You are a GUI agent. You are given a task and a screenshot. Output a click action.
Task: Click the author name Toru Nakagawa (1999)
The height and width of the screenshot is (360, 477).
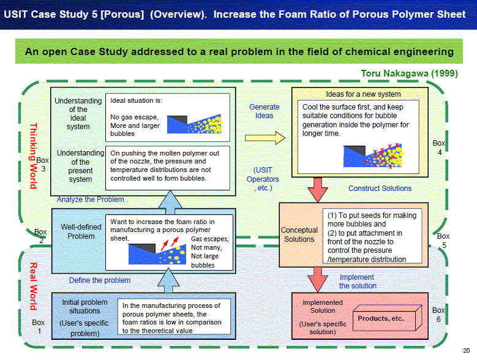[x=409, y=73]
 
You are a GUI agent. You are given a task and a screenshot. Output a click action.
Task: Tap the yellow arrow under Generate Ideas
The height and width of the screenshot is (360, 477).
[x=265, y=138]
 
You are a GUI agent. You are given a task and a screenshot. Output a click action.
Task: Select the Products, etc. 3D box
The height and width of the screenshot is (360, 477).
[x=387, y=318]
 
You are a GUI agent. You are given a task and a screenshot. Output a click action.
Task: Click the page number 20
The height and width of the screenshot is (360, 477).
[x=467, y=351]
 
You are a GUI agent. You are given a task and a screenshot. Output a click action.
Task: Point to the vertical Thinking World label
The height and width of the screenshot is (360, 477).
[x=34, y=156]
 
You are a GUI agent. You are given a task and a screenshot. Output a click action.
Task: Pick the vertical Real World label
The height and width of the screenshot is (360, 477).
[x=33, y=286]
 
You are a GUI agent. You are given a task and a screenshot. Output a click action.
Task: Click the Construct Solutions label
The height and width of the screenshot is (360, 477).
[x=380, y=189]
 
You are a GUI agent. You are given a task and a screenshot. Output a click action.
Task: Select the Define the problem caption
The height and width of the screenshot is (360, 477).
[x=100, y=280]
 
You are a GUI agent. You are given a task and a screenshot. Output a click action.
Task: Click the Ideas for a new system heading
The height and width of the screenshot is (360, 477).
[x=363, y=94]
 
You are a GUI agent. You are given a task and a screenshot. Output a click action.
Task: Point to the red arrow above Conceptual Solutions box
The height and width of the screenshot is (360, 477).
[x=318, y=190]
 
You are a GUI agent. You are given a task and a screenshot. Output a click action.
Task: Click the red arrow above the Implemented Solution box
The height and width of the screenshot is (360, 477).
[x=318, y=280]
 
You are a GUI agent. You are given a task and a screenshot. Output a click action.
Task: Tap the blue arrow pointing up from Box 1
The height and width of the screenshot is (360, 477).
[x=168, y=280]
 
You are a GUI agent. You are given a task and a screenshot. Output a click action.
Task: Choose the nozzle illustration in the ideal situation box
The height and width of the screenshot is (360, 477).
[x=194, y=124]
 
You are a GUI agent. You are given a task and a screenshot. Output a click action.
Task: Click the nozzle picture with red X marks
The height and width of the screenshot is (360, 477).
[x=374, y=156]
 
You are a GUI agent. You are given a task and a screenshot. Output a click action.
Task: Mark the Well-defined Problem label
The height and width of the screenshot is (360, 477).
[x=81, y=231]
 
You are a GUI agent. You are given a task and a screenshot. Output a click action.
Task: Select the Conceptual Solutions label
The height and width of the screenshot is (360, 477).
[x=299, y=234]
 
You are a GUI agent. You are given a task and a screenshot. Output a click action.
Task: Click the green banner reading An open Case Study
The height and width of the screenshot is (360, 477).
[x=239, y=51]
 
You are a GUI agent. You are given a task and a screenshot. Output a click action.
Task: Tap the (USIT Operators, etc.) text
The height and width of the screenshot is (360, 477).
[x=263, y=179]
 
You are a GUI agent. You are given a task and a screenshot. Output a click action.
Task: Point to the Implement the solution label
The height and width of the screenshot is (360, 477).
[x=358, y=282]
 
